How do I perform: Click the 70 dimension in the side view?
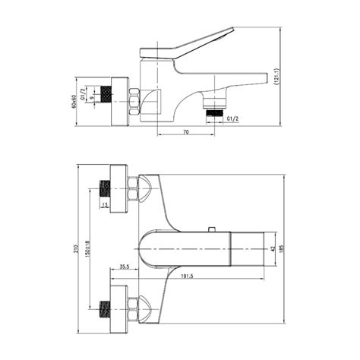coord(186,132)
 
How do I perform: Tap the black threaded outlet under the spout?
coord(216,111)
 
